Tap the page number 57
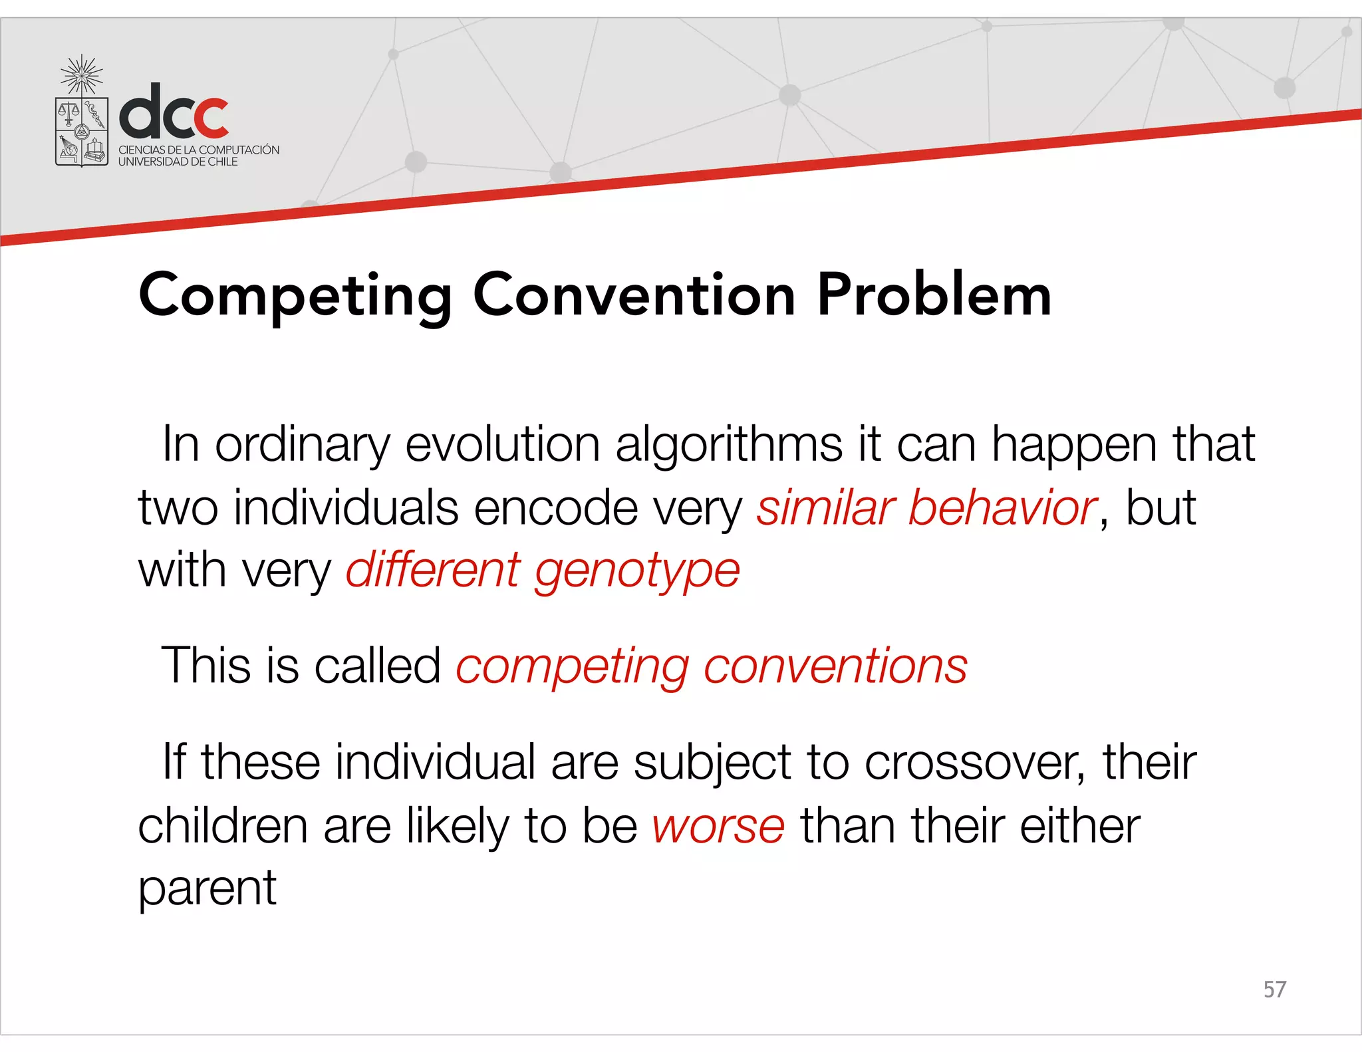1274,989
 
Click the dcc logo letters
174,111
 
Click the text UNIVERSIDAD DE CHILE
178,162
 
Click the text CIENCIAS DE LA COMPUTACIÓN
199,150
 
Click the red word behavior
1002,508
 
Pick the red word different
432,571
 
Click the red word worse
718,827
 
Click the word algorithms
729,444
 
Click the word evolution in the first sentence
503,444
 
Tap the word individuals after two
346,508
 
